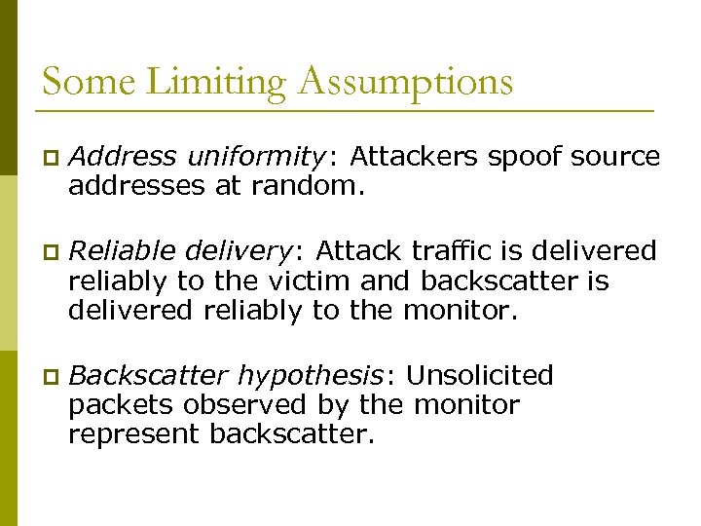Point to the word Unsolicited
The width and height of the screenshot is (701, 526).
(480, 376)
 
